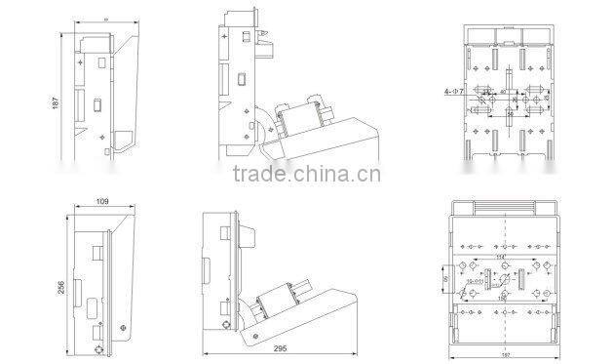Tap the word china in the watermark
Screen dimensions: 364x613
point(313,177)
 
